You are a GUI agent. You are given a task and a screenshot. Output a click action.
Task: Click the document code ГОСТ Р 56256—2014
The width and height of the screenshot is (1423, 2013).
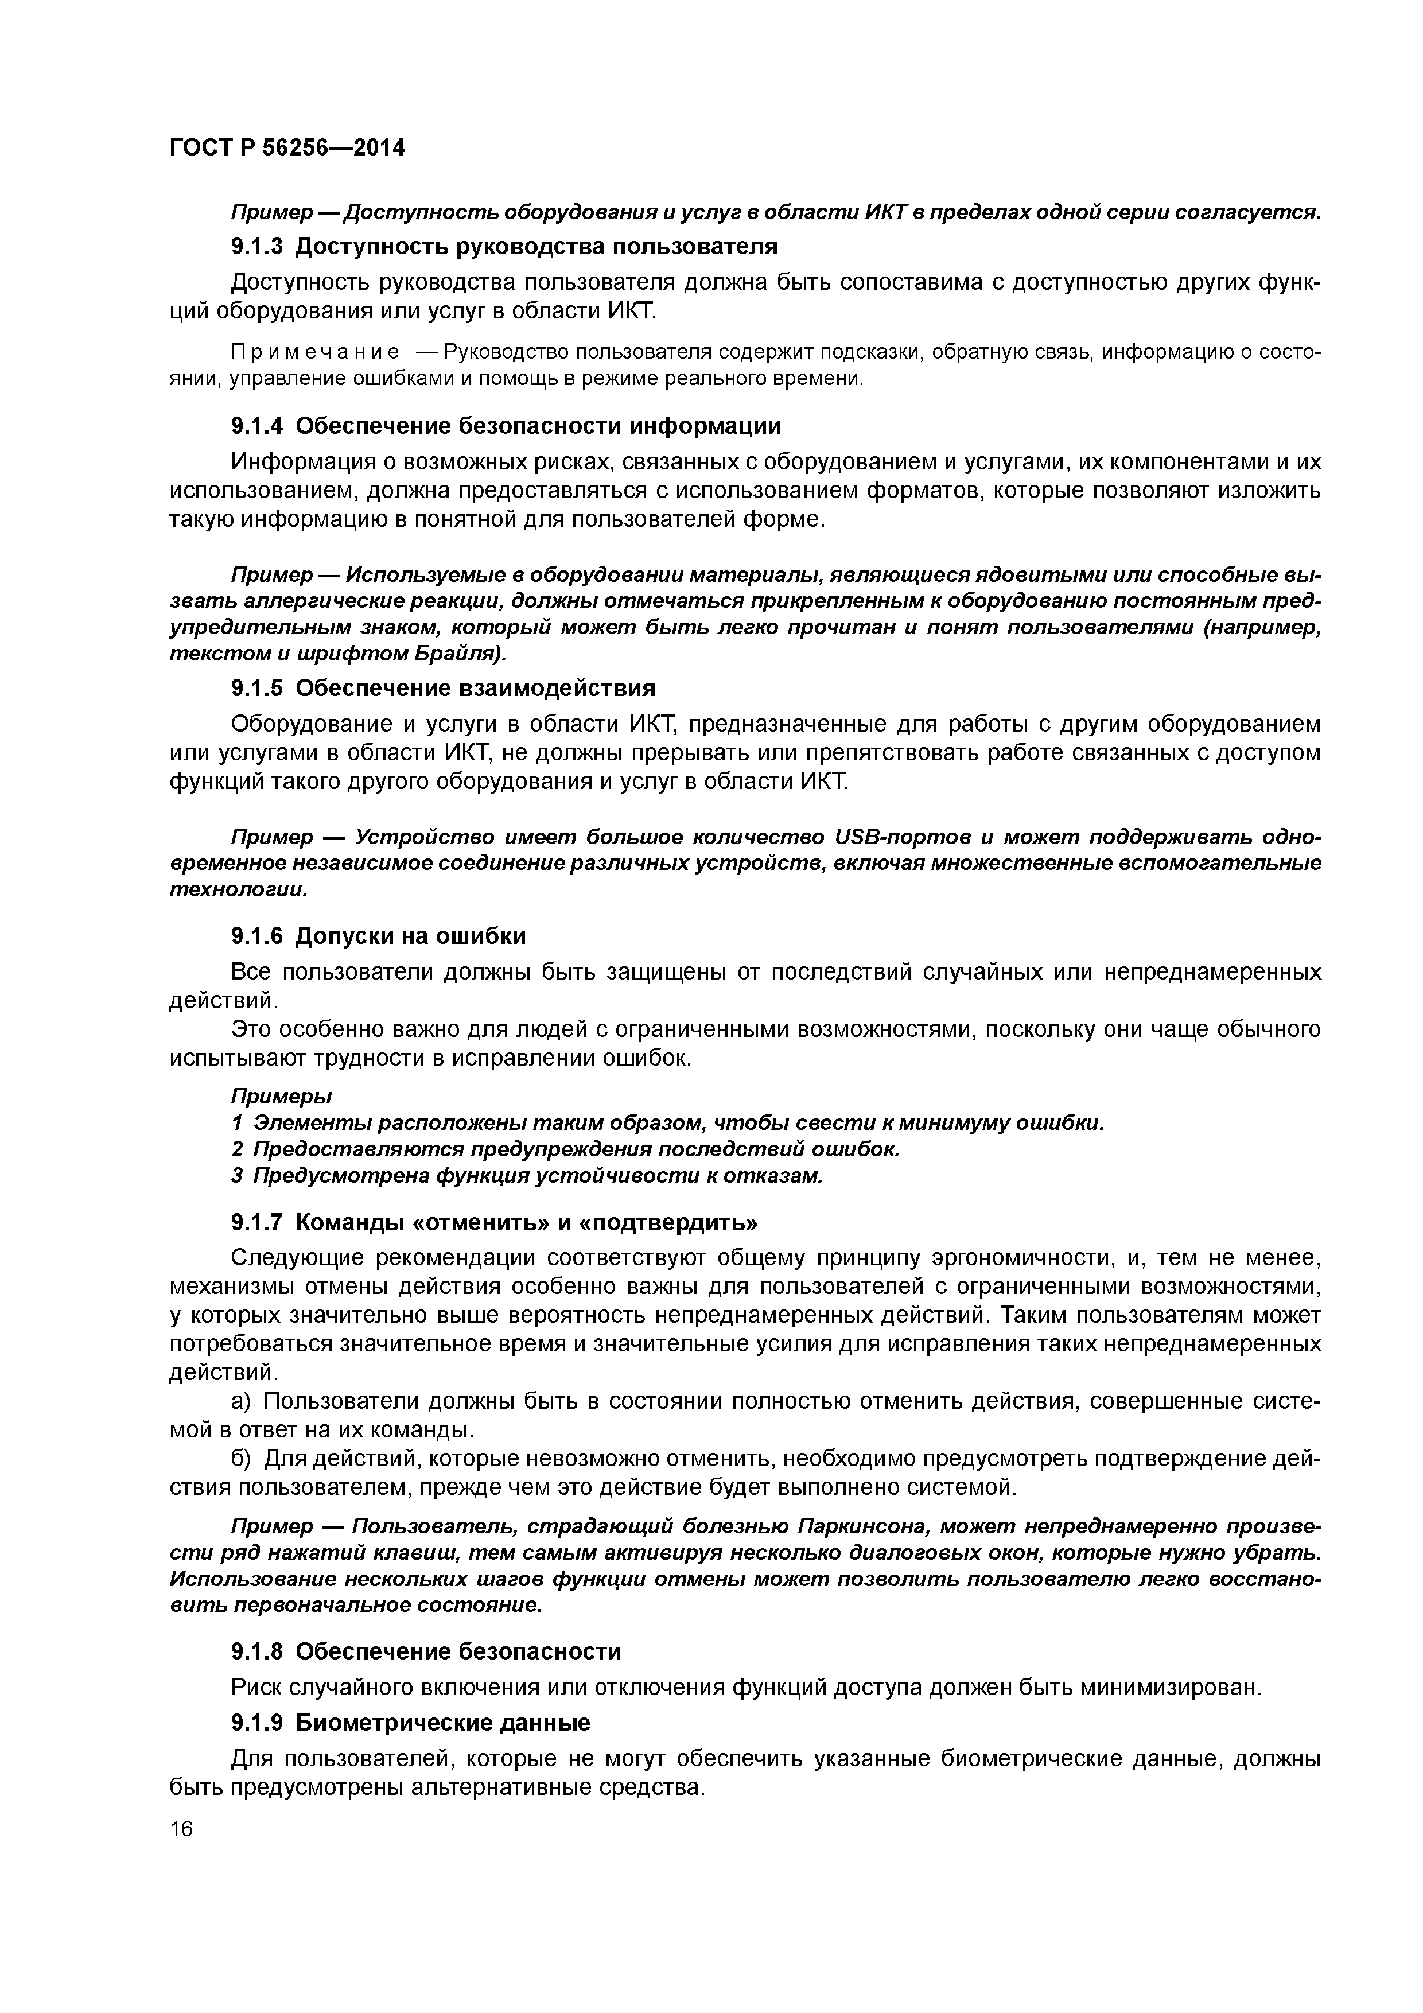tap(287, 148)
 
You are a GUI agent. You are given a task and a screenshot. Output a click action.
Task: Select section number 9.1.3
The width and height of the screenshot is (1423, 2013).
tap(257, 247)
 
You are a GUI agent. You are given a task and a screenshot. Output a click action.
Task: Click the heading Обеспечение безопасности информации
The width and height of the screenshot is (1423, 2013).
tap(538, 426)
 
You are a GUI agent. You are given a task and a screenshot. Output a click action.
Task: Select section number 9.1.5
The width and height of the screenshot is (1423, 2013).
tap(257, 687)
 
